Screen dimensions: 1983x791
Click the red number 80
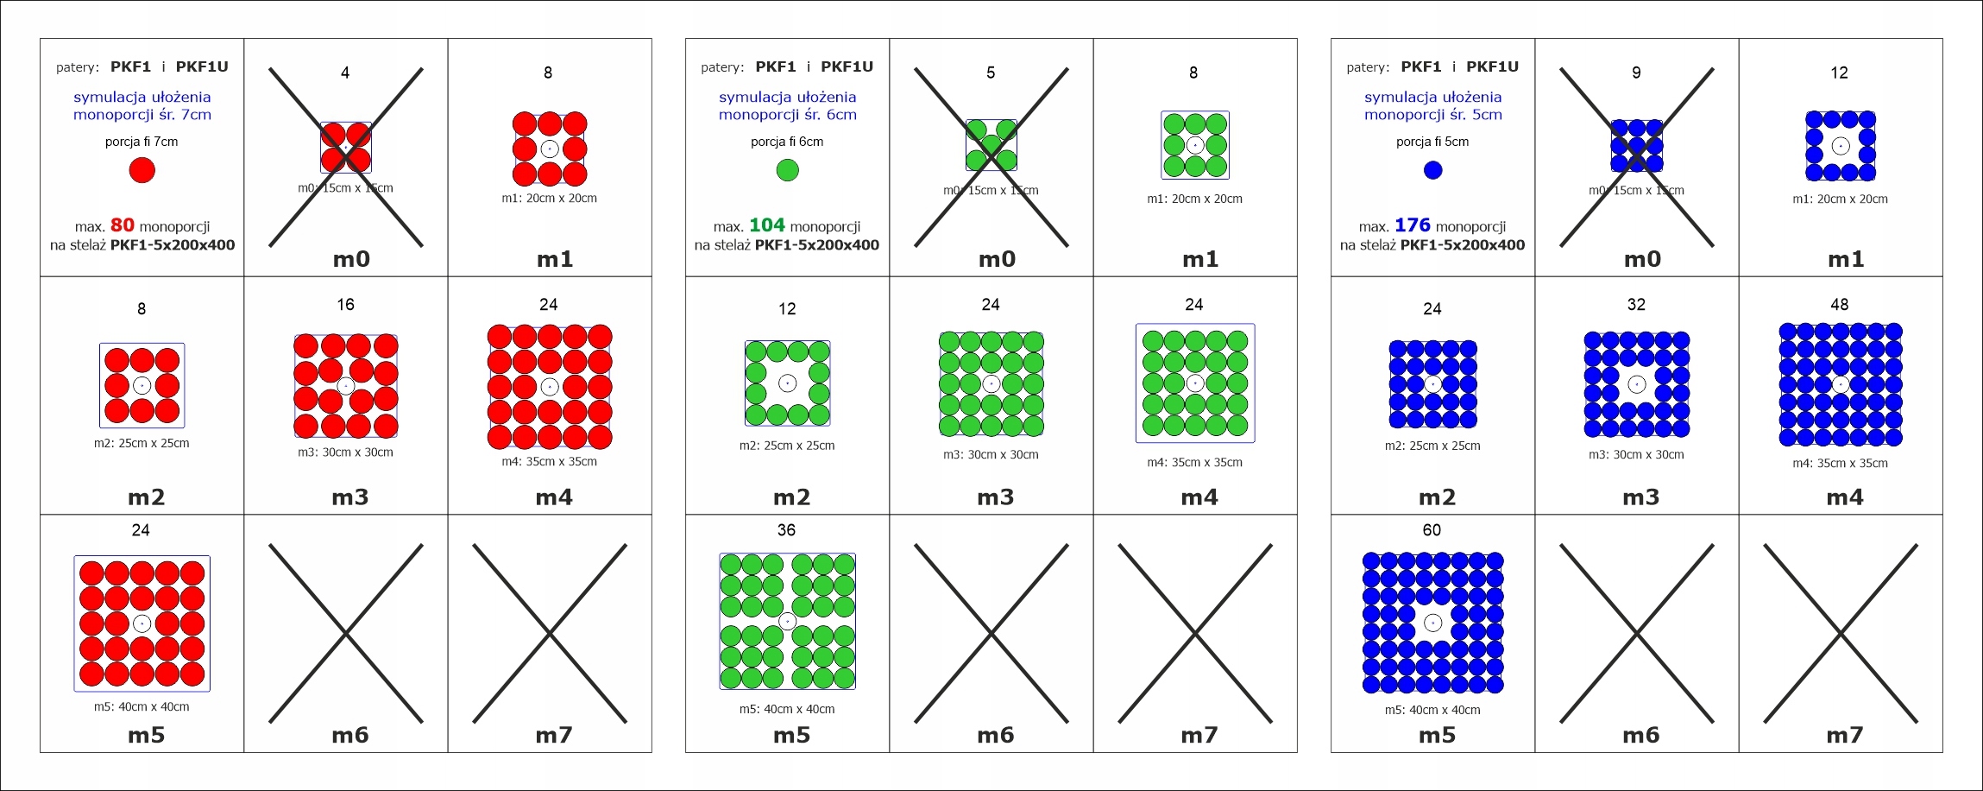122,225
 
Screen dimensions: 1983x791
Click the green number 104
766,225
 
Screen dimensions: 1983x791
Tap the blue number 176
1412,225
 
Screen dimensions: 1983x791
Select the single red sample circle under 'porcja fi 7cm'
142,170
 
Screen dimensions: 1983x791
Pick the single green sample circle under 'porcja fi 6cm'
787,170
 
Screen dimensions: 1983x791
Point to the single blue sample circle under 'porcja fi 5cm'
1432,170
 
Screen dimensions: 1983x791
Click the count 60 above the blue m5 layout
1432,530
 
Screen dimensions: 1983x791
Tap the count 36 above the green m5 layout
786,530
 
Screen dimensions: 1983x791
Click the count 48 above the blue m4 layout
1839,305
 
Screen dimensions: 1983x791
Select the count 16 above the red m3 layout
345,305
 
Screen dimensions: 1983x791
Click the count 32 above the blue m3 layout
1636,305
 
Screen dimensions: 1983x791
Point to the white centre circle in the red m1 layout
550,149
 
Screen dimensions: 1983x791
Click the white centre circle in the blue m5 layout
1432,622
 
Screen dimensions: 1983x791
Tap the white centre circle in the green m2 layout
787,383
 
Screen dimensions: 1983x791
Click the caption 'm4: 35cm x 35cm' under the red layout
549,462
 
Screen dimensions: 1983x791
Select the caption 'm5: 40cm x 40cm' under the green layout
787,709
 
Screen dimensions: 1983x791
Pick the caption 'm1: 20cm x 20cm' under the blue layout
1840,199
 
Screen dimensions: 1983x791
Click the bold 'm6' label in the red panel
350,736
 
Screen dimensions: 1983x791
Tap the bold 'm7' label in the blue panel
1844,736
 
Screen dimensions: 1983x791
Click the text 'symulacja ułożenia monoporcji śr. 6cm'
787,105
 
